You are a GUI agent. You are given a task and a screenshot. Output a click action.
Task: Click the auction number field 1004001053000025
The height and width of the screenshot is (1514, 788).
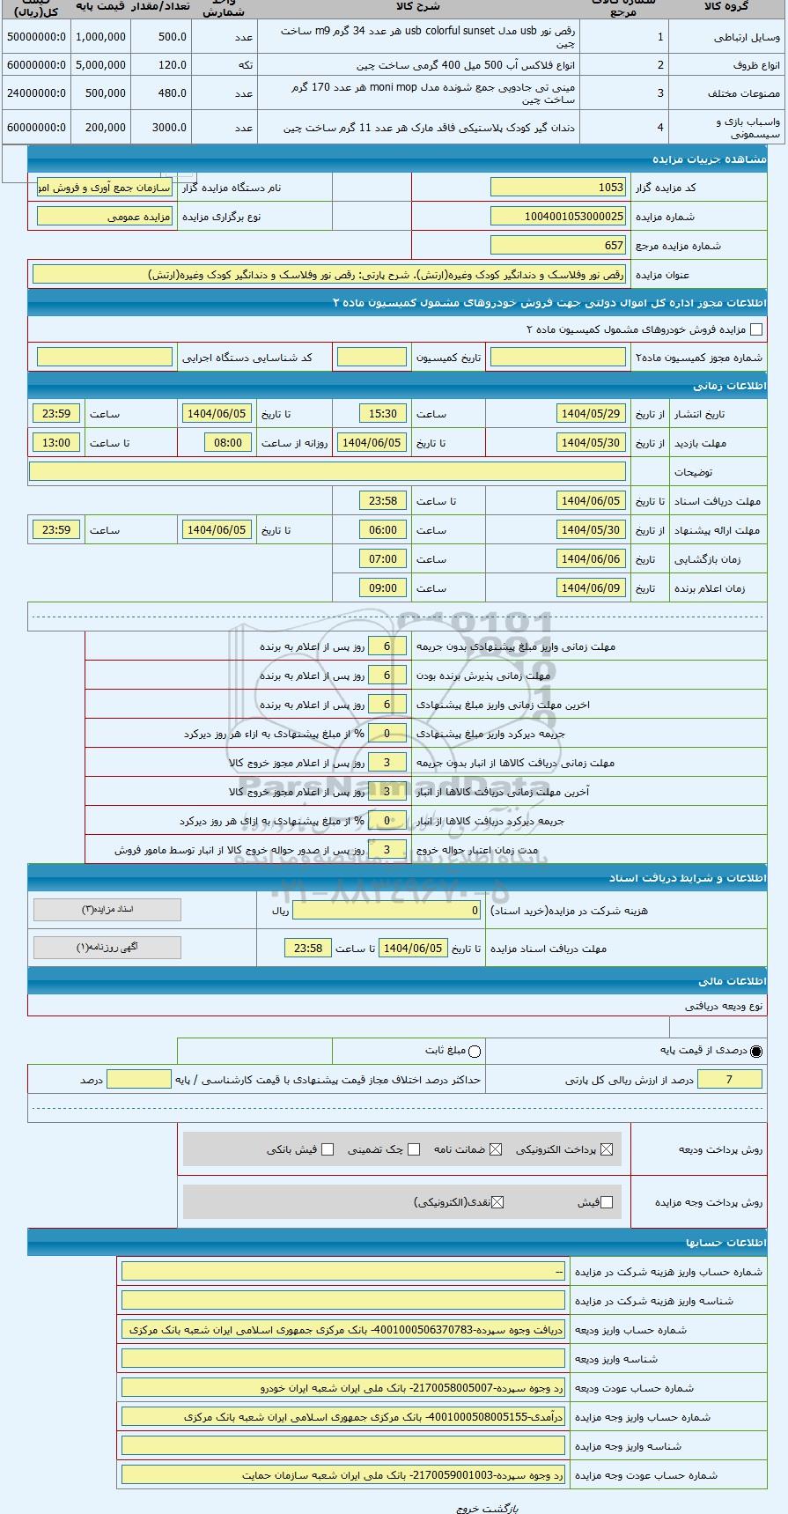click(558, 217)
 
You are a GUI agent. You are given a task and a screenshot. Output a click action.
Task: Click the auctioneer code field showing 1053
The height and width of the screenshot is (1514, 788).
click(558, 188)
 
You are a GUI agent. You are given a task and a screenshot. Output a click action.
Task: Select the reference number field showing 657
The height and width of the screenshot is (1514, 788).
click(558, 246)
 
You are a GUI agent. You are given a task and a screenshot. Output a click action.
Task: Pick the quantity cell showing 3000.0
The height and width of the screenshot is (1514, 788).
click(160, 127)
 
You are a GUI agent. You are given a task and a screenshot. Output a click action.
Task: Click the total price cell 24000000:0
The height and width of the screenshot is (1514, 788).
click(36, 93)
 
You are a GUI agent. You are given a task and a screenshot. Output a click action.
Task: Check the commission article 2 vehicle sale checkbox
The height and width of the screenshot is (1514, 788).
click(755, 329)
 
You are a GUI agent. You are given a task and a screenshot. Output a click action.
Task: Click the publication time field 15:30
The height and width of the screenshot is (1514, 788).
click(383, 414)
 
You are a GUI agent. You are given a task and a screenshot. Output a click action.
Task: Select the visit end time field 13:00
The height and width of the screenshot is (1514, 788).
click(56, 443)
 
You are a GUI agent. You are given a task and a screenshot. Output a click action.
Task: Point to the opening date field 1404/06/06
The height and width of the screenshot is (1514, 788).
click(591, 559)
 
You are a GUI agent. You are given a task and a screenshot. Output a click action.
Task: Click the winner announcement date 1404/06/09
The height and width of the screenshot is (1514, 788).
click(591, 588)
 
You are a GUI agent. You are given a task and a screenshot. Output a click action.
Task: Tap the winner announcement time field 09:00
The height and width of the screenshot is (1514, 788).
click(383, 588)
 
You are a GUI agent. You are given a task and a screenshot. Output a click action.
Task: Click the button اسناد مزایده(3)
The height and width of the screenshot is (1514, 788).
click(107, 910)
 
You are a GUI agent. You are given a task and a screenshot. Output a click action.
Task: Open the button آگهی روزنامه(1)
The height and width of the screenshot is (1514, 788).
click(107, 948)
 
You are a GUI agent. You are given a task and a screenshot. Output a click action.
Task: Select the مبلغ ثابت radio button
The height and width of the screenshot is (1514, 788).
click(475, 1051)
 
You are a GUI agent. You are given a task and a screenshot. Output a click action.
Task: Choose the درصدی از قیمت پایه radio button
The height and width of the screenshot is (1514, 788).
click(756, 1051)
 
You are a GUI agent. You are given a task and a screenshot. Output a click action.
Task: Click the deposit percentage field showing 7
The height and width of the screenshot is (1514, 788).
click(729, 1080)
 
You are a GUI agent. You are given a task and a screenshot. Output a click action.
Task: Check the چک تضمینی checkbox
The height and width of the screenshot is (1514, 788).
click(414, 1149)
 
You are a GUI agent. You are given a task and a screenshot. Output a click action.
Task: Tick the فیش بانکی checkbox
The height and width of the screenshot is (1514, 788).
click(328, 1149)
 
